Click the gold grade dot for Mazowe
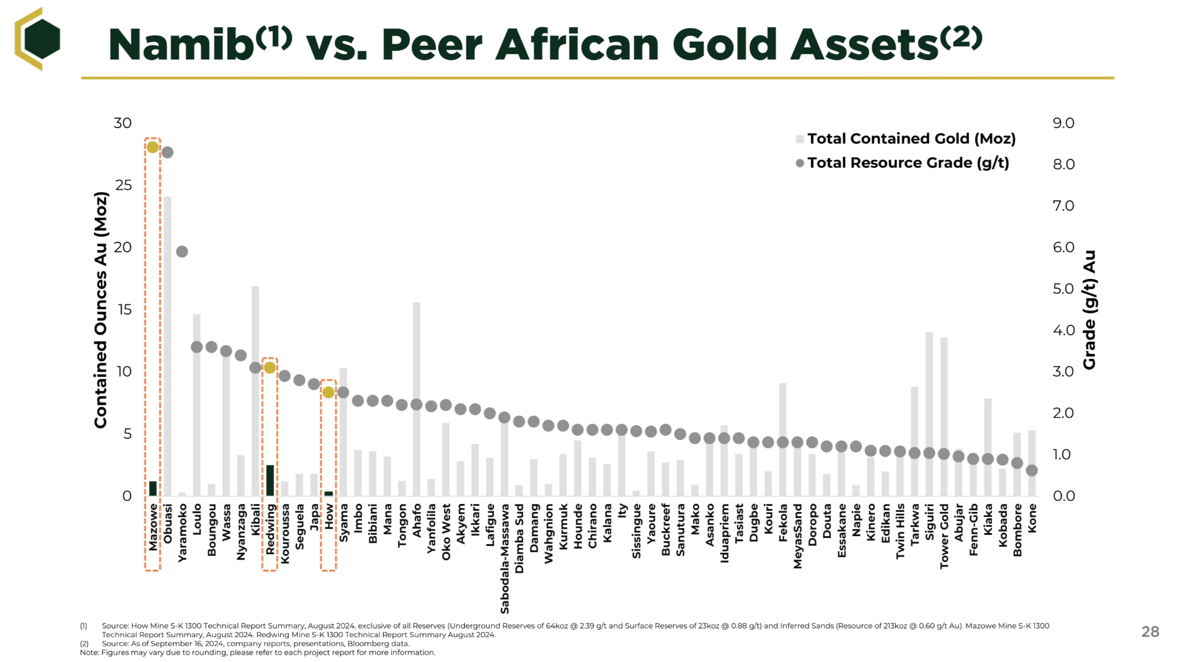(153, 147)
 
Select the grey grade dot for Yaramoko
(182, 252)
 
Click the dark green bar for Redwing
(270, 480)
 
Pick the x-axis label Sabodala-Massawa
(505, 558)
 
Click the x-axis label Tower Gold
(944, 536)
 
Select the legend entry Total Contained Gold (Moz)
(911, 139)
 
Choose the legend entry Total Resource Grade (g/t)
(908, 163)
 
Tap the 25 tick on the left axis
(123, 185)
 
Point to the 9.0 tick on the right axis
(1063, 123)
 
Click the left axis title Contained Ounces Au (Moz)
(100, 310)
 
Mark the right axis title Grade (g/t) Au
(1089, 310)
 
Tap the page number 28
(1150, 632)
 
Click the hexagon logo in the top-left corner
(38, 38)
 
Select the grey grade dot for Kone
(1032, 470)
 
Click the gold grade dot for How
(329, 392)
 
